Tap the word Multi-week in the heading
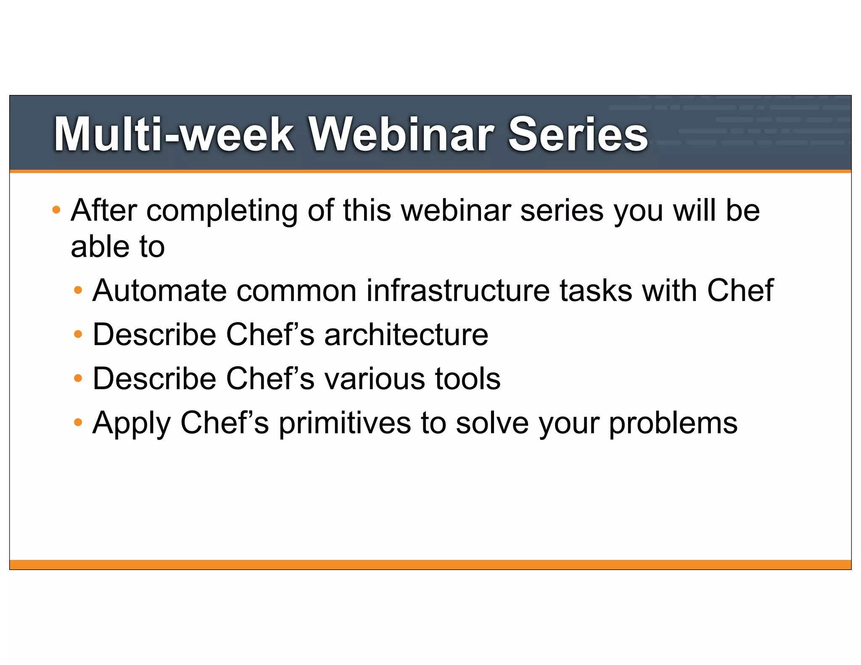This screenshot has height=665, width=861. click(x=174, y=134)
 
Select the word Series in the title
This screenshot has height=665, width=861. click(x=578, y=134)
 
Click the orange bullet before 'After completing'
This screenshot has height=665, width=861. click(x=56, y=209)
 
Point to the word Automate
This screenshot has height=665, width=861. click(x=159, y=290)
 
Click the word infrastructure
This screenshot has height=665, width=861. click(x=458, y=290)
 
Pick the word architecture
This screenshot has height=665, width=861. click(x=406, y=335)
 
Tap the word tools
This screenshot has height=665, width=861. click(x=467, y=378)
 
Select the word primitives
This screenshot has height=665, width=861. click(x=345, y=423)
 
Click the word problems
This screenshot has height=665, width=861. click(x=673, y=424)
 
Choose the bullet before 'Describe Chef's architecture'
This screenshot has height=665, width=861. click(x=78, y=335)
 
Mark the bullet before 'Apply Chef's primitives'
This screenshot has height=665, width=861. click(x=78, y=422)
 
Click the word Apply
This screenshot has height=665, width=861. click(x=131, y=424)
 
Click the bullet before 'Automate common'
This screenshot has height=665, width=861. click(x=78, y=290)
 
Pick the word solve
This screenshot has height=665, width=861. click(x=492, y=423)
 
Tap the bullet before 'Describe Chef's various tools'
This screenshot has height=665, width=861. click(x=78, y=378)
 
